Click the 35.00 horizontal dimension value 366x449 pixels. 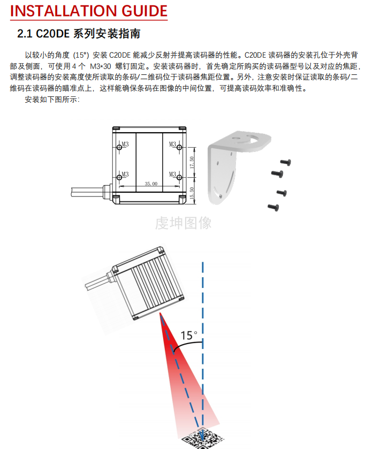[151, 184]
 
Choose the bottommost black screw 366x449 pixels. [273, 206]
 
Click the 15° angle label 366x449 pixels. [189, 336]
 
